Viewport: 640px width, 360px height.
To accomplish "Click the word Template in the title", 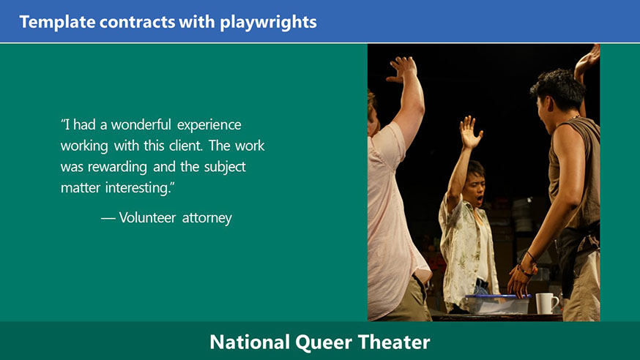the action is pos(57,22).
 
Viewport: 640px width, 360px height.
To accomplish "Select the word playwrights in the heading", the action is pos(269,23).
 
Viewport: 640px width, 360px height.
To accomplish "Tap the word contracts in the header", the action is pos(137,22).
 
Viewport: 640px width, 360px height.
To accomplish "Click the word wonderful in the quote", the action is pos(141,124).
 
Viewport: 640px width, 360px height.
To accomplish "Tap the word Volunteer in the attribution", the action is pos(147,217).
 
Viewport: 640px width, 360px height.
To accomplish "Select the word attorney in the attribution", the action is pos(207,218).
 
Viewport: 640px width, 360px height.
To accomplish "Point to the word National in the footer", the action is pos(250,342).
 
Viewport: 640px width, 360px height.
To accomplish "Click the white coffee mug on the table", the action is pos(546,304).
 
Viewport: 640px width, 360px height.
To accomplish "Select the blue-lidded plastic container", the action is pos(498,304).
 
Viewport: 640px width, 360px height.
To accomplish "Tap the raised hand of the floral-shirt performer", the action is pos(470,132).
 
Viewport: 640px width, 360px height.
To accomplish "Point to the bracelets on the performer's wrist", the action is pos(527,264).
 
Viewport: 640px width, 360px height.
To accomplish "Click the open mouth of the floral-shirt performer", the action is pos(480,200).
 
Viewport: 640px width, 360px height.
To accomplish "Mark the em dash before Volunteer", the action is pos(108,219).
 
